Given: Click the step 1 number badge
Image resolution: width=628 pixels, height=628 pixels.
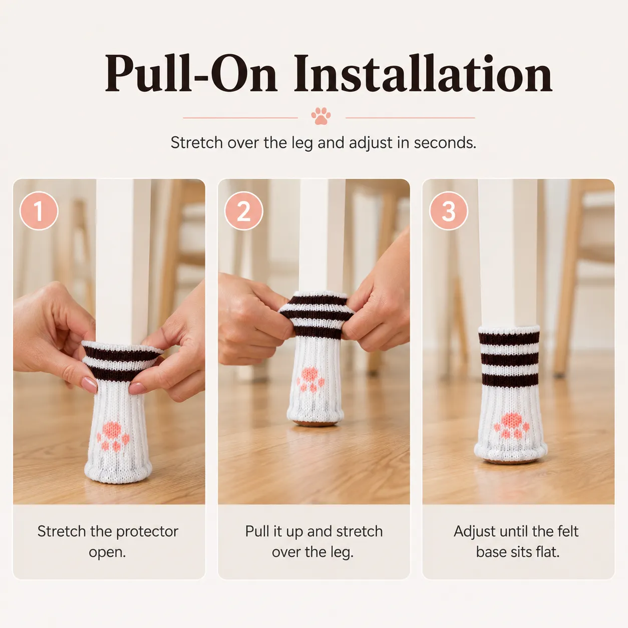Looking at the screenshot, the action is click(39, 211).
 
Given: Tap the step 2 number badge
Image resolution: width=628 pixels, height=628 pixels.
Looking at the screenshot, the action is click(244, 211).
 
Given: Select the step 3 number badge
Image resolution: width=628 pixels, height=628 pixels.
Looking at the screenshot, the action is click(448, 211).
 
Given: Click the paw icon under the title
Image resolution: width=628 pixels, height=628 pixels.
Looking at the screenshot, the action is click(321, 116).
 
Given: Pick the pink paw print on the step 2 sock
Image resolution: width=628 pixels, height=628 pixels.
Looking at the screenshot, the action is click(310, 379).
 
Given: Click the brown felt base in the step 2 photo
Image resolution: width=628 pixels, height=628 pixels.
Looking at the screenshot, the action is click(315, 423).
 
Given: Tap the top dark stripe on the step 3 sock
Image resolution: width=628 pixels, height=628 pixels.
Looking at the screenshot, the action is click(509, 339).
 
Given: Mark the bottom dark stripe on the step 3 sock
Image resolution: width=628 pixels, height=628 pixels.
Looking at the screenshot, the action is click(510, 380).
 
